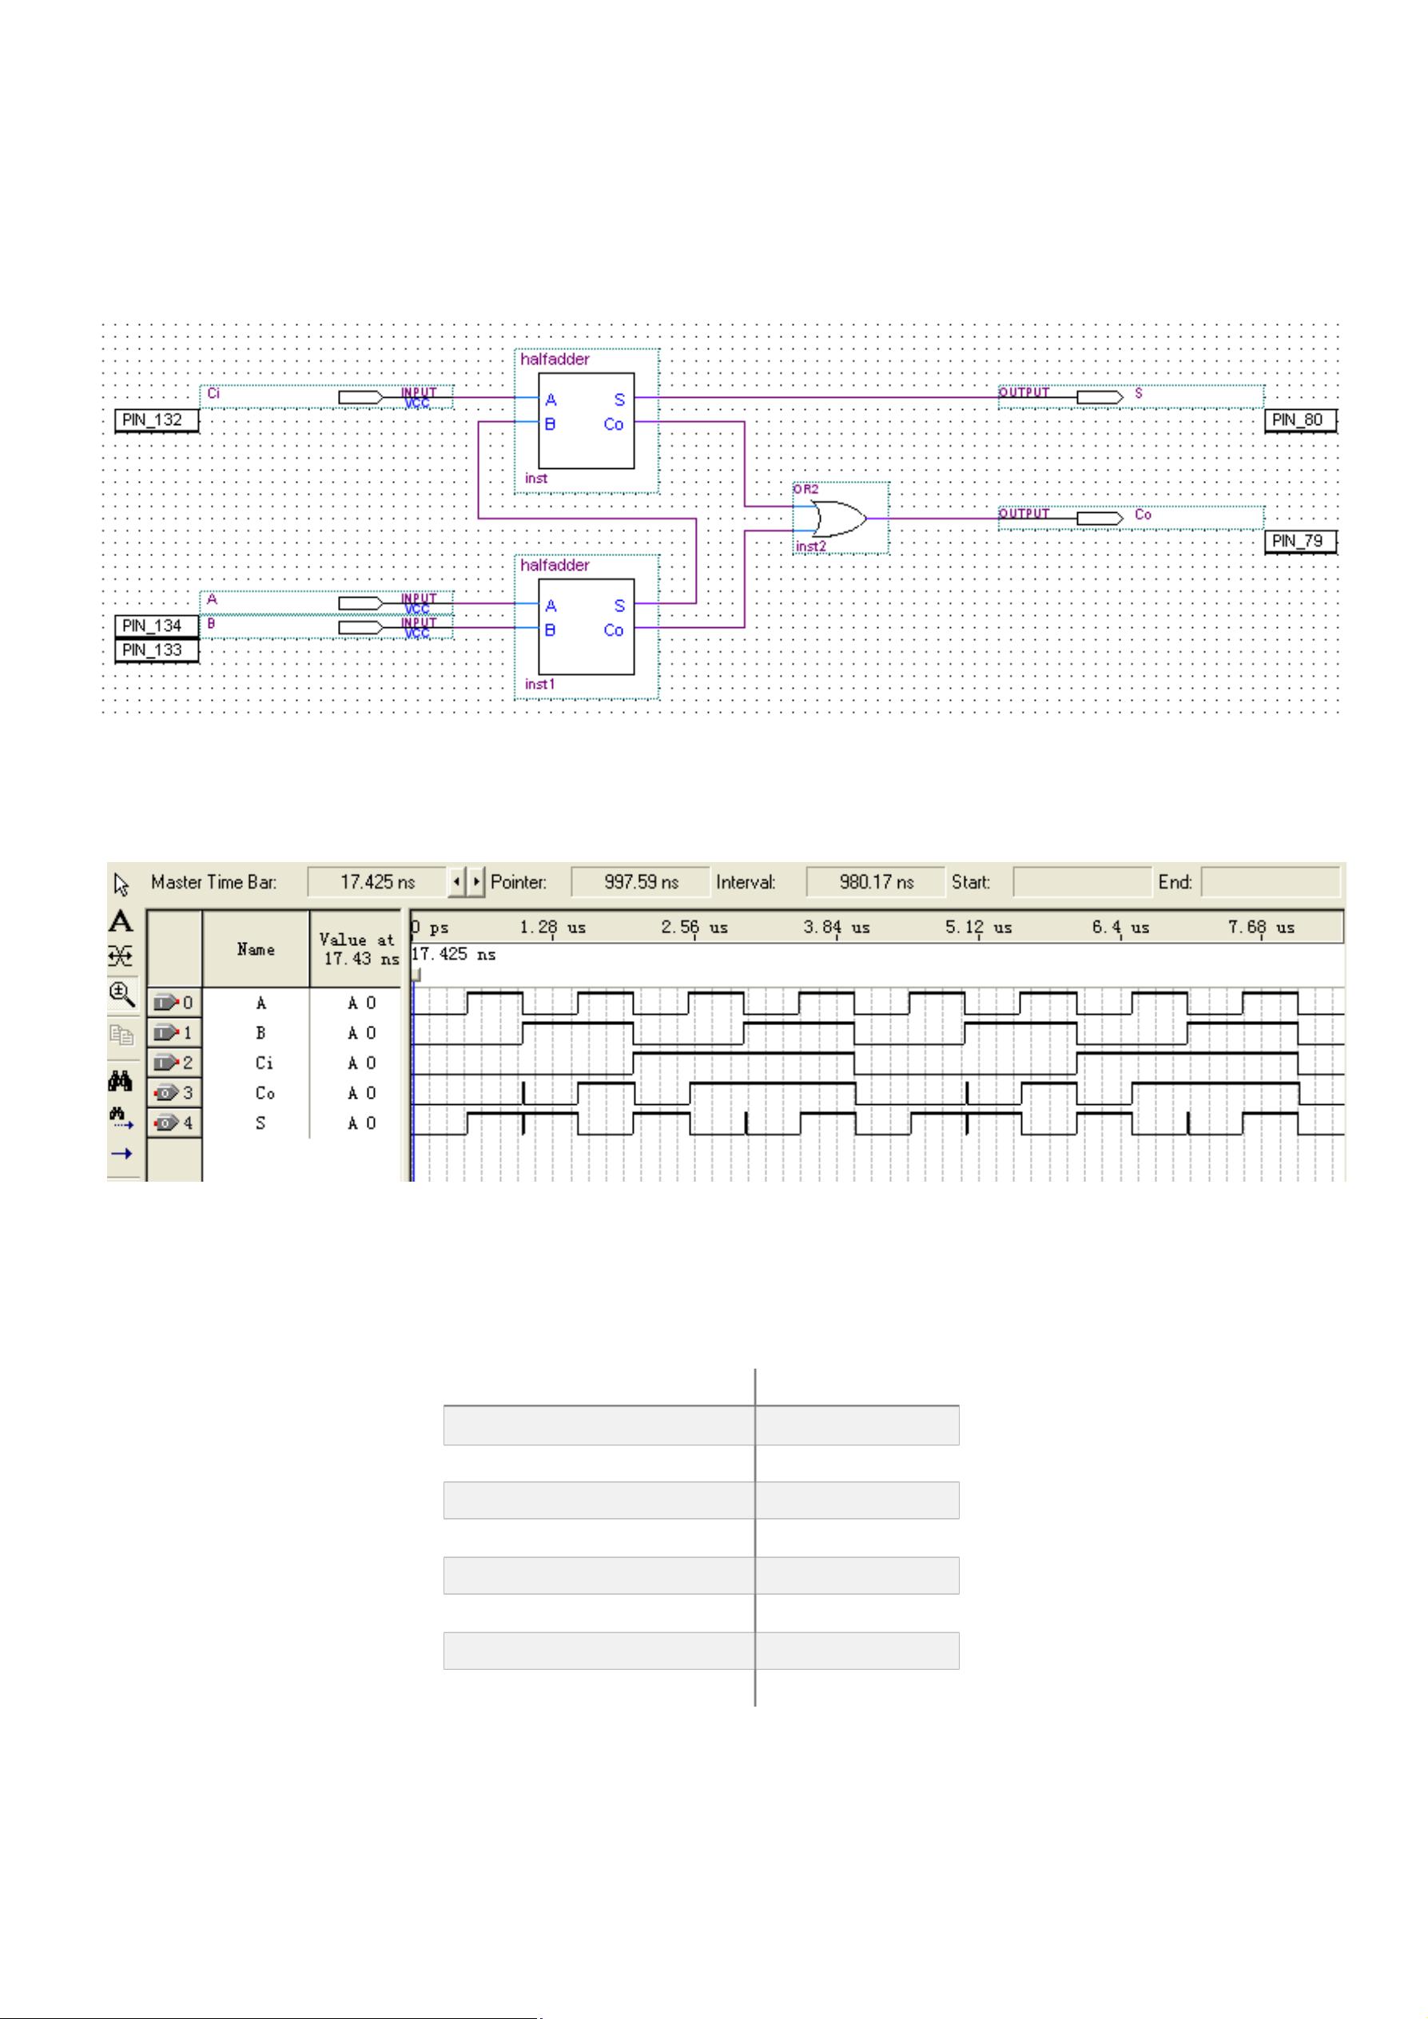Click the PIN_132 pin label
[x=152, y=420]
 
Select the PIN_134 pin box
[x=152, y=626]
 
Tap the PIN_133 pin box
[x=152, y=650]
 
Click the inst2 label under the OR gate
[x=811, y=547]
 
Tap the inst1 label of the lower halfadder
[x=539, y=684]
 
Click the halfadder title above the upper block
[x=555, y=360]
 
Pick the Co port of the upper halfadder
[x=614, y=425]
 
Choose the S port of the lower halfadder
[x=619, y=606]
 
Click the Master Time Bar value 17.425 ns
[x=377, y=882]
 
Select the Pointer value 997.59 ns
[x=640, y=882]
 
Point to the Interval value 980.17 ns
[x=876, y=882]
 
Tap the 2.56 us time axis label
[x=694, y=928]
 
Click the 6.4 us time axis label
[x=1120, y=928]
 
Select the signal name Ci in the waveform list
[x=264, y=1063]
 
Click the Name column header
[x=256, y=950]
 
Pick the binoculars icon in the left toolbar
[x=121, y=1081]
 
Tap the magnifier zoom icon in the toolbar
[x=121, y=995]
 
